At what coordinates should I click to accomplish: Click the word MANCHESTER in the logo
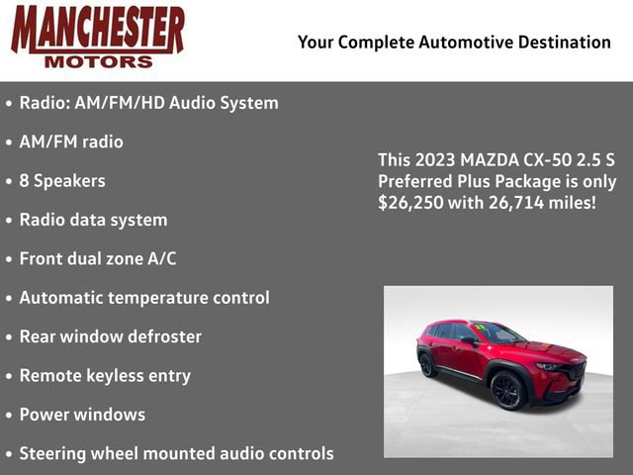coord(97,30)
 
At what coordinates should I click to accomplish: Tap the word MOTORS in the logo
coord(98,61)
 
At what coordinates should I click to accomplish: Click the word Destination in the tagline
coord(562,42)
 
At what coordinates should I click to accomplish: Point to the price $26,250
coord(412,203)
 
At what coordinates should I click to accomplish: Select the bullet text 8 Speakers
coord(61,181)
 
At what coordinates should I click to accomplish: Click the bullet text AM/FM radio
coord(71,142)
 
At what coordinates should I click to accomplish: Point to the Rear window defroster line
coord(110,336)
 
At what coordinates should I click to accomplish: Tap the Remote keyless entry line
coord(105,376)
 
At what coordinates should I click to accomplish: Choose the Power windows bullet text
coord(82,415)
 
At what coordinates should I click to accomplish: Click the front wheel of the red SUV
coord(508,390)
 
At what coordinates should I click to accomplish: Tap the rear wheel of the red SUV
coord(427,364)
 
